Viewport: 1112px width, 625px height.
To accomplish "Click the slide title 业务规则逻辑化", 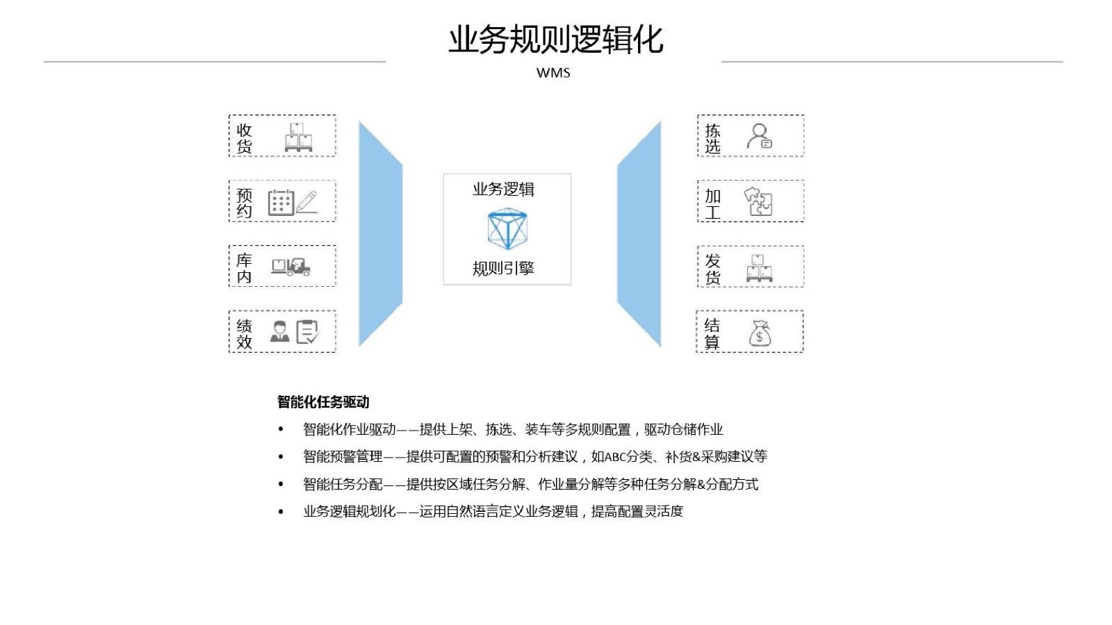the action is tap(555, 39).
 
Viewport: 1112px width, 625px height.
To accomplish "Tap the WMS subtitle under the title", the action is tap(553, 73).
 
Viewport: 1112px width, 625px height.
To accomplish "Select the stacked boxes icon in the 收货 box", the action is tap(298, 137).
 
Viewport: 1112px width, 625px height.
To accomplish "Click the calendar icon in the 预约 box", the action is tap(281, 202).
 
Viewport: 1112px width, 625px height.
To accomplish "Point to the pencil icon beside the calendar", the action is tap(306, 202).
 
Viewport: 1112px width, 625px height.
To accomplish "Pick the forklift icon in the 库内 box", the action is tap(291, 267).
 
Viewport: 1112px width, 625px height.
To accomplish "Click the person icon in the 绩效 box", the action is tap(279, 331).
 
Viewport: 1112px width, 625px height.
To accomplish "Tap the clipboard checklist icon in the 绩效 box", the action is tap(307, 332).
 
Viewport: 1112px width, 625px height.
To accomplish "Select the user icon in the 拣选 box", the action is tap(760, 136).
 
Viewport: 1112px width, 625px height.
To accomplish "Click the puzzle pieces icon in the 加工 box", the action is tap(758, 201).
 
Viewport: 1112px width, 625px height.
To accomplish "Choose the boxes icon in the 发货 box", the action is tap(759, 268).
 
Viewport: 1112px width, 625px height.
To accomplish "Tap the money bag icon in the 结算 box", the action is tap(760, 333).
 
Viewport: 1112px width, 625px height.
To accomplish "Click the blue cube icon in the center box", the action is tap(507, 228).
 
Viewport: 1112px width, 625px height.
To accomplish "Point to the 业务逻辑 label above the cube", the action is tap(503, 190).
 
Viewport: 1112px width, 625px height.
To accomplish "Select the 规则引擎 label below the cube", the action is tap(503, 268).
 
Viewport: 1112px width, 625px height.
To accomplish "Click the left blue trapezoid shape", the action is tap(381, 233).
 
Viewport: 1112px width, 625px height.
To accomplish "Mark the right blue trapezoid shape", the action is tap(639, 233).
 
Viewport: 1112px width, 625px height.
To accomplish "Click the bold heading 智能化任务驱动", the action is tap(323, 402).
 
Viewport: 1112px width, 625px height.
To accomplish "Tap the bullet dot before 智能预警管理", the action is tap(281, 456).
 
